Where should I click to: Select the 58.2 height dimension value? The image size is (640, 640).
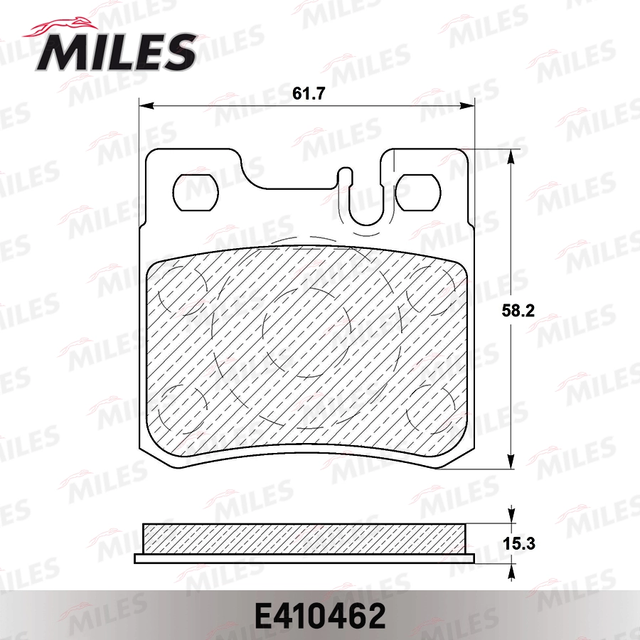[x=518, y=311]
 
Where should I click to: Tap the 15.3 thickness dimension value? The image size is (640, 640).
[x=519, y=544]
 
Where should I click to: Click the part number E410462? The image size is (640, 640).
[x=320, y=617]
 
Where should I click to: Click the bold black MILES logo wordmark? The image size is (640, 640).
[x=116, y=52]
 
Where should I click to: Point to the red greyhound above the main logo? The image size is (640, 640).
[x=61, y=28]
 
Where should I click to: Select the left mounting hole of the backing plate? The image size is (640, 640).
[x=196, y=193]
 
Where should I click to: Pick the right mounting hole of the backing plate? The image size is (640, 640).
[x=418, y=193]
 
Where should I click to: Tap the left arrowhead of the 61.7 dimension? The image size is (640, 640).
[x=146, y=107]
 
